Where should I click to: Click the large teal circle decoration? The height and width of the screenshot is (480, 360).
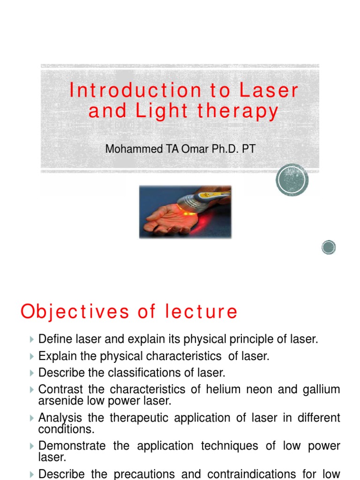292,180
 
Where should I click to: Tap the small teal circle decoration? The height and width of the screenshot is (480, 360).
329,247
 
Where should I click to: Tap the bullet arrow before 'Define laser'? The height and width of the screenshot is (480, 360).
31,339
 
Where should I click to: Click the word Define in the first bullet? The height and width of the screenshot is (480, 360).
53,339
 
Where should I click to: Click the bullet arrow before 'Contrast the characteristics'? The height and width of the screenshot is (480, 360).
31,390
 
